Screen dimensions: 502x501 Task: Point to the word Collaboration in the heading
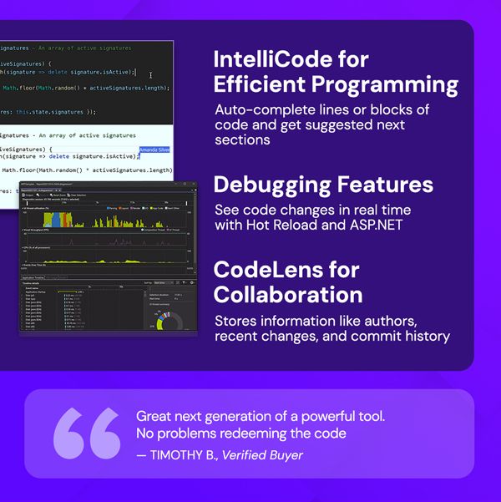(x=288, y=295)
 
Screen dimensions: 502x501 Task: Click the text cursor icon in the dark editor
(x=151, y=75)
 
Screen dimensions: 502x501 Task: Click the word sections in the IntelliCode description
(x=242, y=139)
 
